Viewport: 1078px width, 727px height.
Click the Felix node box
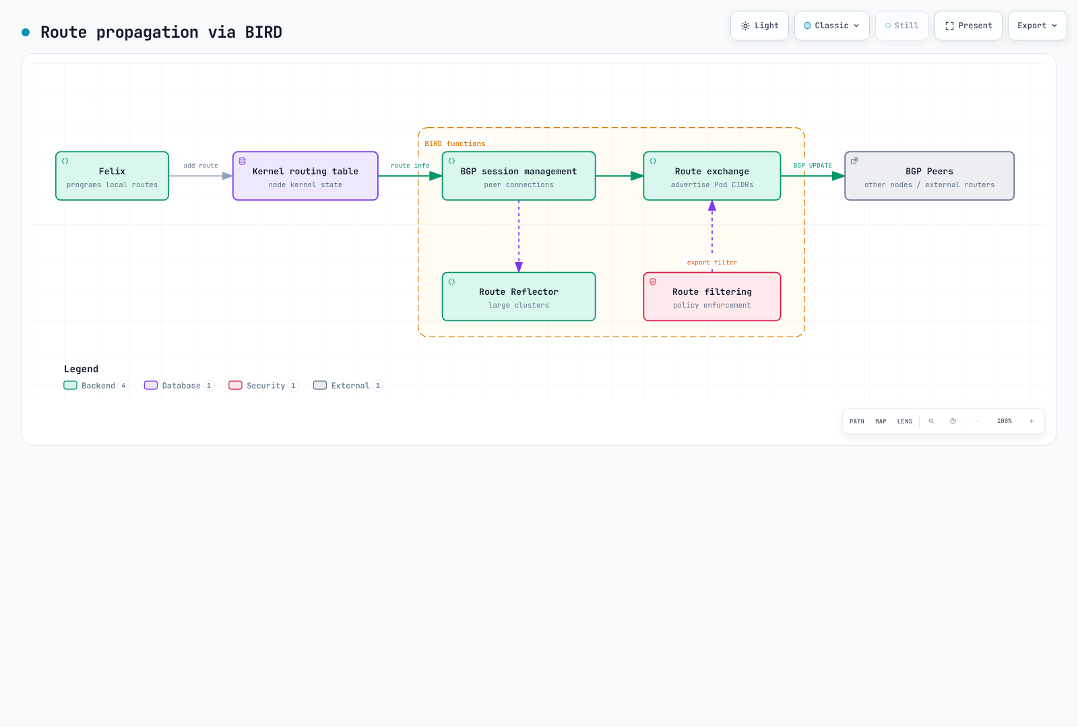pyautogui.click(x=112, y=176)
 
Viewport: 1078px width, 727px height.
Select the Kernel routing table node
pyautogui.click(x=305, y=176)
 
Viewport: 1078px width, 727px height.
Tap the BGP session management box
pyautogui.click(x=518, y=176)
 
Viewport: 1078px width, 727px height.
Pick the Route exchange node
pyautogui.click(x=711, y=176)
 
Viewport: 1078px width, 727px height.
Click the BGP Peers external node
pyautogui.click(x=929, y=176)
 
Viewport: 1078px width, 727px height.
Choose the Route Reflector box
pyautogui.click(x=518, y=297)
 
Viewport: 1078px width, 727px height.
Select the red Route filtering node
pyautogui.click(x=711, y=297)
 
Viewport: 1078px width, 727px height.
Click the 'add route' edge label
pyautogui.click(x=201, y=166)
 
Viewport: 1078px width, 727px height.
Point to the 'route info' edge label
pyautogui.click(x=410, y=166)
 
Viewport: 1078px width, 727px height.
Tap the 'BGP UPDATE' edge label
pyautogui.click(x=813, y=166)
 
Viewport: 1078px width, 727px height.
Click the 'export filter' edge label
pyautogui.click(x=711, y=263)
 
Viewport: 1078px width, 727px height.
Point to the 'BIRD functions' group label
pyautogui.click(x=455, y=144)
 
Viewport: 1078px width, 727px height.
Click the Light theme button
pyautogui.click(x=759, y=26)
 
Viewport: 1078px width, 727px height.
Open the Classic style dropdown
pyautogui.click(x=831, y=26)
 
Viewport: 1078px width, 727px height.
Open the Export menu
pyautogui.click(x=1037, y=26)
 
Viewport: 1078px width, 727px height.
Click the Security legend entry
pyautogui.click(x=263, y=386)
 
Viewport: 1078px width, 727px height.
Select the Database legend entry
pyautogui.click(x=179, y=386)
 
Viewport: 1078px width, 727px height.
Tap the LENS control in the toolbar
pyautogui.click(x=904, y=421)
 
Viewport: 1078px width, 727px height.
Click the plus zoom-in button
pyautogui.click(x=1032, y=421)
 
